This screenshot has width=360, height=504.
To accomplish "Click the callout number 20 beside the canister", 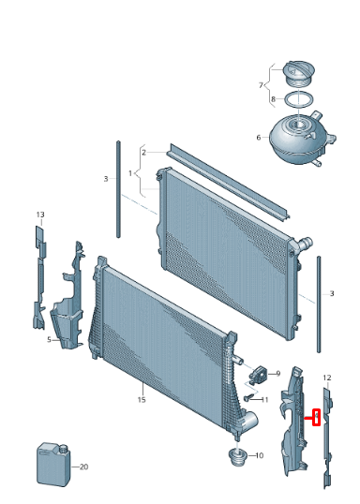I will (x=83, y=467).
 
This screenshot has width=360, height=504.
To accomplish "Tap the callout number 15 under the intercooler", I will (x=142, y=400).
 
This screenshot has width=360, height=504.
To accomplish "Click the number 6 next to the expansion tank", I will (x=259, y=138).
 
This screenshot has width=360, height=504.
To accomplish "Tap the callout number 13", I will (x=40, y=215).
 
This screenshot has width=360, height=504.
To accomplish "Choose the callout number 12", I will (x=326, y=378).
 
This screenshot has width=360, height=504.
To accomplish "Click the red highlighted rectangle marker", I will (x=317, y=418).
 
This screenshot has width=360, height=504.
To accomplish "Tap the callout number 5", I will (x=48, y=340).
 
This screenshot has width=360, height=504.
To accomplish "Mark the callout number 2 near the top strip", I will (x=143, y=152).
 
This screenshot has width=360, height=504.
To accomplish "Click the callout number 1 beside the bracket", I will (x=131, y=173).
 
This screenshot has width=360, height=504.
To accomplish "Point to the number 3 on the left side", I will (x=106, y=178).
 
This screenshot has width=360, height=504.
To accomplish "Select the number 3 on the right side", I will (x=331, y=293).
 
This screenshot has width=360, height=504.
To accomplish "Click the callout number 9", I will (x=277, y=374).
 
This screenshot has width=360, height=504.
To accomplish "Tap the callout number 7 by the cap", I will (x=262, y=84).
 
